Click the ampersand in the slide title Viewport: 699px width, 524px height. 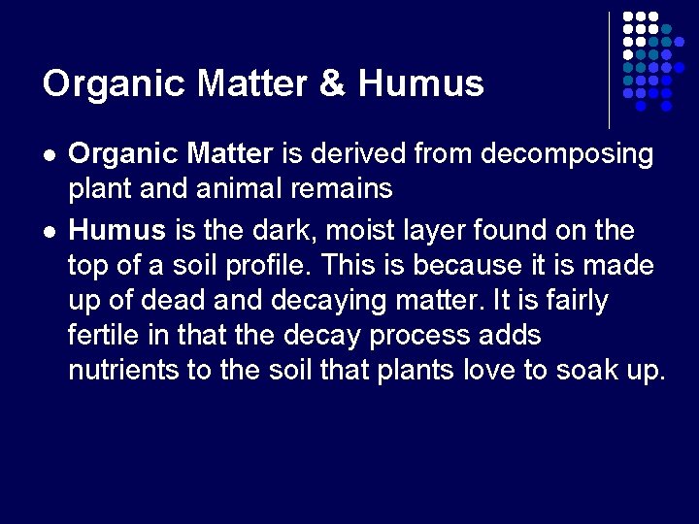click(332, 83)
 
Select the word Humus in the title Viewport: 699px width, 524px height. click(420, 83)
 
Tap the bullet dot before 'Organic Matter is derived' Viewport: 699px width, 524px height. click(49, 155)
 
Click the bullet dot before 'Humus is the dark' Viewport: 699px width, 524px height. click(49, 233)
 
